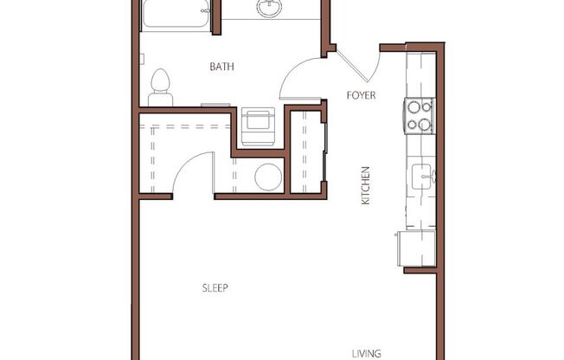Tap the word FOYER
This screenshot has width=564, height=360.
tap(361, 95)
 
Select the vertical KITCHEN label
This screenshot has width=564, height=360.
tap(366, 185)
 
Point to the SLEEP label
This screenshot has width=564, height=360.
tap(215, 288)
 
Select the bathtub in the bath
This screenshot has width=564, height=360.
tap(176, 15)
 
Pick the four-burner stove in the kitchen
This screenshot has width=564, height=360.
tap(419, 116)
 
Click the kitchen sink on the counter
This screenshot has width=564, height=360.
tap(422, 176)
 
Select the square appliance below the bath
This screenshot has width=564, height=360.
tap(258, 124)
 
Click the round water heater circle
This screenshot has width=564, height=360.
tap(267, 177)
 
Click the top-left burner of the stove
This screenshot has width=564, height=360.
tap(413, 108)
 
